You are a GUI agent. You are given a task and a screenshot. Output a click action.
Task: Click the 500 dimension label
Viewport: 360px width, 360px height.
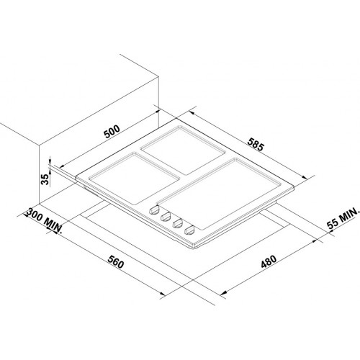coord(112,131)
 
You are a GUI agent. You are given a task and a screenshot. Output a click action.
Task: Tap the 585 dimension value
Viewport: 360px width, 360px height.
coord(256,144)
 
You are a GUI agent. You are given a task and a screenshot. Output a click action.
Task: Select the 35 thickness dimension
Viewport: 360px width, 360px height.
coord(45,179)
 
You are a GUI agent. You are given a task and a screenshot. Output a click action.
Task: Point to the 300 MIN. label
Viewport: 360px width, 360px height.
coord(44,220)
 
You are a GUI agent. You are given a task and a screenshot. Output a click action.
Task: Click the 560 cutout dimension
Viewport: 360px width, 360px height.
coord(116,262)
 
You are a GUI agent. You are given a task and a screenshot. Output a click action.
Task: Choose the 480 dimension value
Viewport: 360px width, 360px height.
coord(269,261)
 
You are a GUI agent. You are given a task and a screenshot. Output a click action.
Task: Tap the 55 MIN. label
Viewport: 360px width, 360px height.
coord(343,218)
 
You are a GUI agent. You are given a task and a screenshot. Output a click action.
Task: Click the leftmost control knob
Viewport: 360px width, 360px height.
coord(154,210)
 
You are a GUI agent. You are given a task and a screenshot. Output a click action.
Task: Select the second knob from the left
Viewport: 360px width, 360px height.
coord(166,217)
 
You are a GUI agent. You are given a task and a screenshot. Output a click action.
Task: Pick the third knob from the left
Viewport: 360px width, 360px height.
coord(177,223)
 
